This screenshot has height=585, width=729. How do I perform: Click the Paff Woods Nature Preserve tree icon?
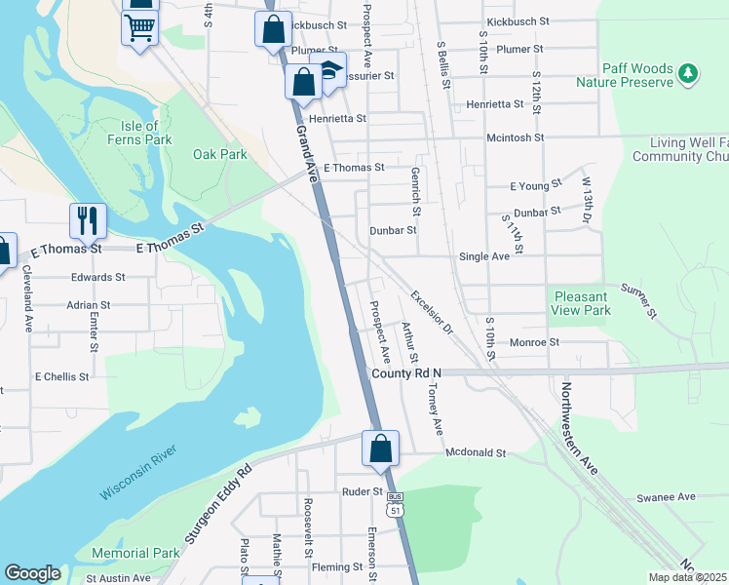pos(689,73)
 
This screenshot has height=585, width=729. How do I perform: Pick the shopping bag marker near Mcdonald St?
pos(380,449)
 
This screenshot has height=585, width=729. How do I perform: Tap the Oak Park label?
pos(219,154)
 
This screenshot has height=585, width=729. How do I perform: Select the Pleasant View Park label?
pos(583,303)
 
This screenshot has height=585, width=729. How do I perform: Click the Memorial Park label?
pos(135,553)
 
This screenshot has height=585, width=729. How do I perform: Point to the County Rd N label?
pos(406,373)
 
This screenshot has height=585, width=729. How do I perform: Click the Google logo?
pos(33,573)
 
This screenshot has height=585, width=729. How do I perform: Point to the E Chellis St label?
pos(61,376)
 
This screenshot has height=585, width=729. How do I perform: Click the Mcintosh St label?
pos(516,138)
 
